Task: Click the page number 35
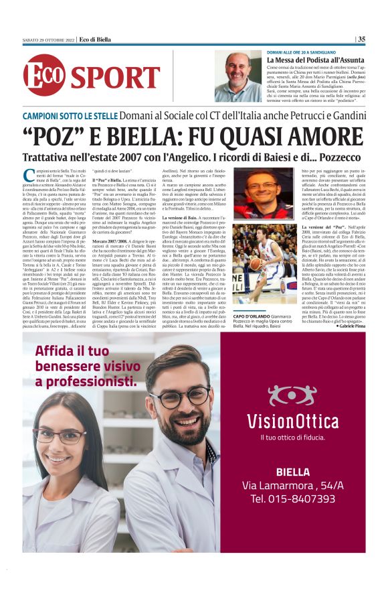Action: [362, 39]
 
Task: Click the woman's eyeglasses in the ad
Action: [60, 436]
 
